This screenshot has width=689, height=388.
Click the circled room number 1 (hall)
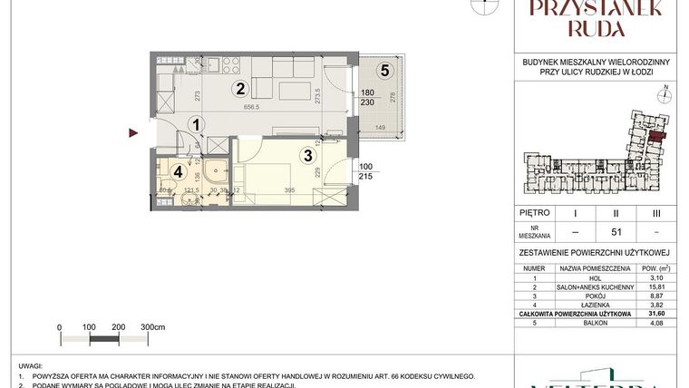(197, 125)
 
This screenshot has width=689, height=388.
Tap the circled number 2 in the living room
(240, 88)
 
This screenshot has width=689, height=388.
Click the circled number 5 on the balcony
(385, 69)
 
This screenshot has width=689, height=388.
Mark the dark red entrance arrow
(133, 134)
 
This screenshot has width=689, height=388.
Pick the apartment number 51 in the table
(617, 231)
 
